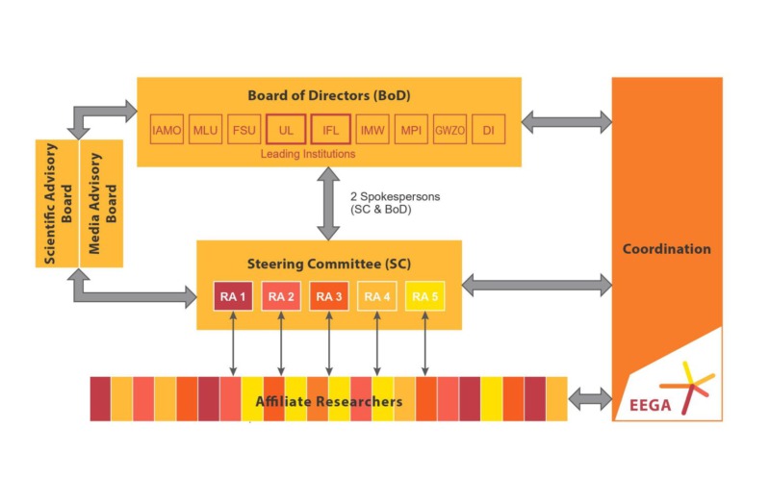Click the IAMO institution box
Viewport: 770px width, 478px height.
click(167, 130)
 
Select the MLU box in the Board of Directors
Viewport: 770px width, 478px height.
click(206, 130)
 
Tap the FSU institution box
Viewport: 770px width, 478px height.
click(244, 130)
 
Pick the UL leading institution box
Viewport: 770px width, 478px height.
click(286, 130)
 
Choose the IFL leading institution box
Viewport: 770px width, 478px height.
click(329, 130)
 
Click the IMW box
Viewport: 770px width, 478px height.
click(372, 130)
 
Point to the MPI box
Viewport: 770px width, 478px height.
click(411, 130)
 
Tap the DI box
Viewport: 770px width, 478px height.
click(489, 130)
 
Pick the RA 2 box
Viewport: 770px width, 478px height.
click(281, 296)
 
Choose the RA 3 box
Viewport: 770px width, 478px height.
click(329, 296)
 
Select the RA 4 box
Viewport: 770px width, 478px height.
click(376, 296)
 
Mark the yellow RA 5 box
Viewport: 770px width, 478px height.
click(424, 296)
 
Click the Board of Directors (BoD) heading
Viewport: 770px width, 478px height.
click(327, 96)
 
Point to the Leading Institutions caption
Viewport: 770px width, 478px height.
click(308, 154)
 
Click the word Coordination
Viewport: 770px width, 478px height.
click(667, 249)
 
